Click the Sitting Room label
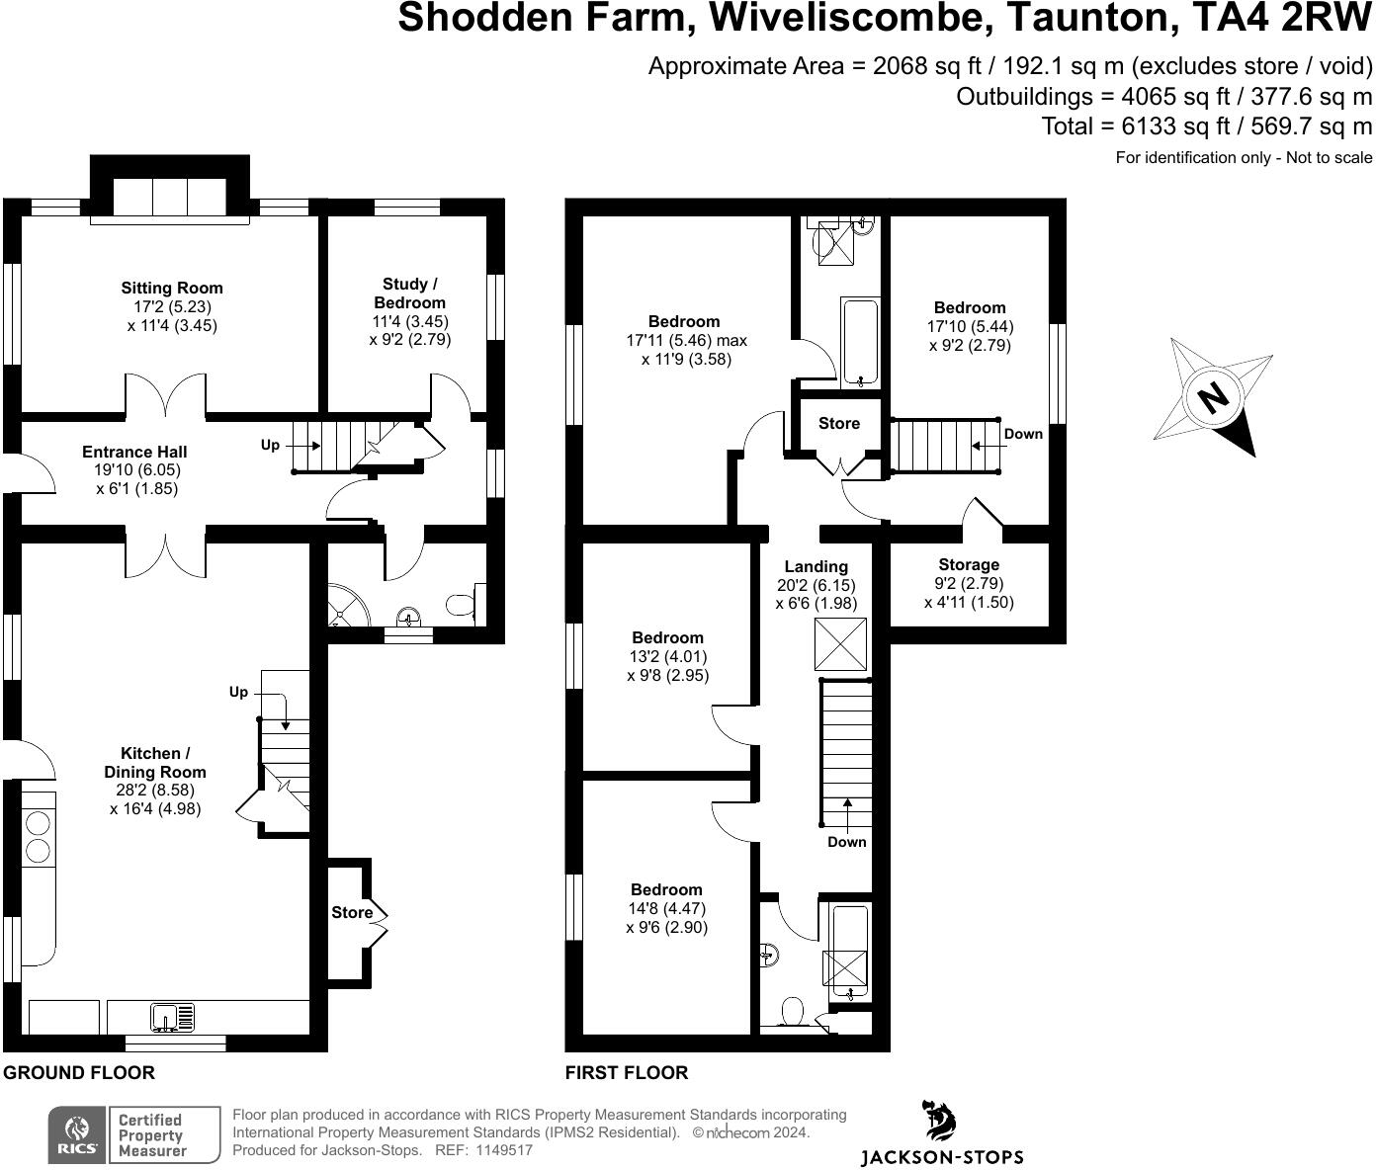pos(172,289)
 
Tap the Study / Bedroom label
pos(409,293)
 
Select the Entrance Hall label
pos(134,452)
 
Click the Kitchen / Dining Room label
pos(156,763)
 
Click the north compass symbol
pos(1214,398)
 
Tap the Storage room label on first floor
pos(969,565)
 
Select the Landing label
pos(816,566)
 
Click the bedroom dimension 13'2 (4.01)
pos(667,657)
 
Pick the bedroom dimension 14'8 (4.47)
pos(666,909)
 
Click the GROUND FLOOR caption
pos(79,1073)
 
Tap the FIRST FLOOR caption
pos(626,1073)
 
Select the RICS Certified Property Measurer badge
pos(134,1134)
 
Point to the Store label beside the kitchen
pos(352,913)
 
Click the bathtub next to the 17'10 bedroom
pos(858,341)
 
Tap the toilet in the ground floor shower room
pos(463,604)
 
